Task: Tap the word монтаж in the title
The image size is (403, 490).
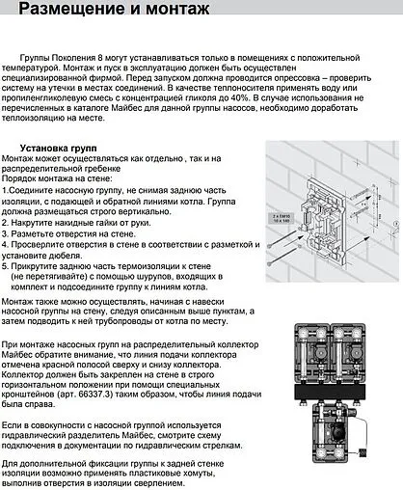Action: point(188,12)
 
